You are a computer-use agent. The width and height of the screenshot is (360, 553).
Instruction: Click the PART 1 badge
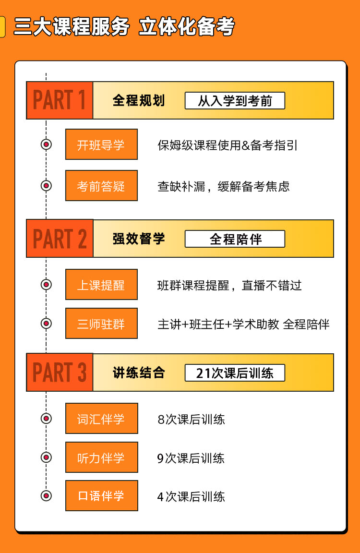(60, 100)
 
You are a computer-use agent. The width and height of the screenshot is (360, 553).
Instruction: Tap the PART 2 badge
(60, 239)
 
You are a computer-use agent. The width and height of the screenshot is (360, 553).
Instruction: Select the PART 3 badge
(60, 373)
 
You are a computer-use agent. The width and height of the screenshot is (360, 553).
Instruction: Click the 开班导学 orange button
(101, 144)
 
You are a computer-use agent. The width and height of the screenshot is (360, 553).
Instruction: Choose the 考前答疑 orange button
(101, 186)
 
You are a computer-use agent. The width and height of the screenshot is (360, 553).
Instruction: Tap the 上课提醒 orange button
(101, 285)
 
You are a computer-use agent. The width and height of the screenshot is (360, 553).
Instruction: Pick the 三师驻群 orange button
(101, 324)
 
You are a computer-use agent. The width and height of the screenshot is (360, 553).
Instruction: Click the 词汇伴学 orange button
(101, 419)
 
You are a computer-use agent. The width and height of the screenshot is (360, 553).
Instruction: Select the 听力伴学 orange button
(101, 457)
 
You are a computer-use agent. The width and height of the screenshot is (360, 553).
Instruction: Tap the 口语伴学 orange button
(101, 495)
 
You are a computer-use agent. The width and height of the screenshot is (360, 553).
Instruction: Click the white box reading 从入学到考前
(235, 101)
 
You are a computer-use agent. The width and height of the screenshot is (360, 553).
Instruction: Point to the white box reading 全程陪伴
(235, 239)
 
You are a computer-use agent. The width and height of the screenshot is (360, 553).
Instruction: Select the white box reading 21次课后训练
(235, 373)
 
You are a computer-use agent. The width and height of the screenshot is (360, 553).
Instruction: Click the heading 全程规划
(139, 101)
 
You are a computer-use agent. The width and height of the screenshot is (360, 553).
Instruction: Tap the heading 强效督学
(139, 239)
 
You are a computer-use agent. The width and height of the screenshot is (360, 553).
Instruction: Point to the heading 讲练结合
(139, 373)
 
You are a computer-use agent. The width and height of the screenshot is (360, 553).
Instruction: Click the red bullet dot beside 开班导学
(46, 144)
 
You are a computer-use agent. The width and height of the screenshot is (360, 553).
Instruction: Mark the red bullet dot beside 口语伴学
(46, 495)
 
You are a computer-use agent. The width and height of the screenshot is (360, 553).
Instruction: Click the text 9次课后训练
(191, 458)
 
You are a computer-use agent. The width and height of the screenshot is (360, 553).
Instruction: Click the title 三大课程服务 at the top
(72, 27)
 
